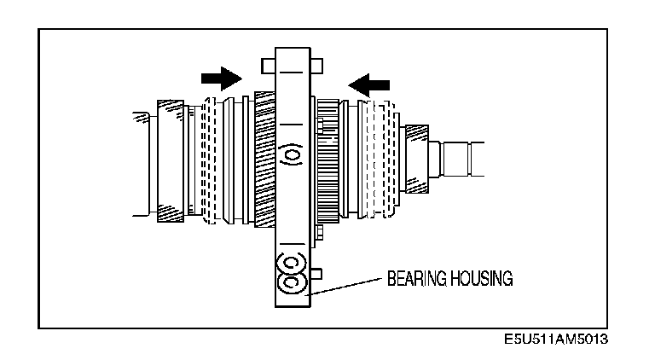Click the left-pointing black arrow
369,84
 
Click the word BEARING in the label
413,279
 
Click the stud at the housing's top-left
267,63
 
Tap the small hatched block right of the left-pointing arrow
417,132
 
